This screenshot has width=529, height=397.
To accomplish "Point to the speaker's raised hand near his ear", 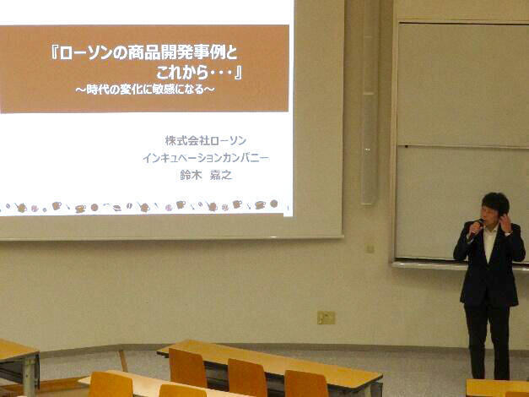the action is click(506, 223).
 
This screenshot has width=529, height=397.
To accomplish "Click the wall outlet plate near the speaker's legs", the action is click(327, 318).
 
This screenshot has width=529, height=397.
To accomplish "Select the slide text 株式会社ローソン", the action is click(206, 140).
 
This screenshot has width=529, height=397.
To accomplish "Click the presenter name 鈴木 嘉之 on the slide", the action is click(206, 175).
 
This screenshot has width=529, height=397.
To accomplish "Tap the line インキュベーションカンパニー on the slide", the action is click(206, 158).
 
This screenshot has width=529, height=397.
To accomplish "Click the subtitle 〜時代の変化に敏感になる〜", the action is click(145, 90).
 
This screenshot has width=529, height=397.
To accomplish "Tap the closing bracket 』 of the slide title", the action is click(238, 73).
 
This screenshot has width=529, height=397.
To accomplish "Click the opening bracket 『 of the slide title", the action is click(55, 53).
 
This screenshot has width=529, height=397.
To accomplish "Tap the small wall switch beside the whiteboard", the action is click(370, 248).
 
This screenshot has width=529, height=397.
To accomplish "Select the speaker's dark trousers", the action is click(487, 341).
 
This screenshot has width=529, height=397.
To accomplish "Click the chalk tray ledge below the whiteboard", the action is click(460, 265).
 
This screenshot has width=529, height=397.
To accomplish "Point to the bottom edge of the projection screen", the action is click(171, 238).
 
